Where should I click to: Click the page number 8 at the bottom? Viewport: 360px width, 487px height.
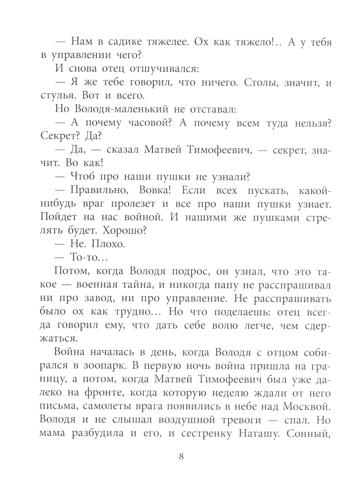(x=181, y=457)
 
